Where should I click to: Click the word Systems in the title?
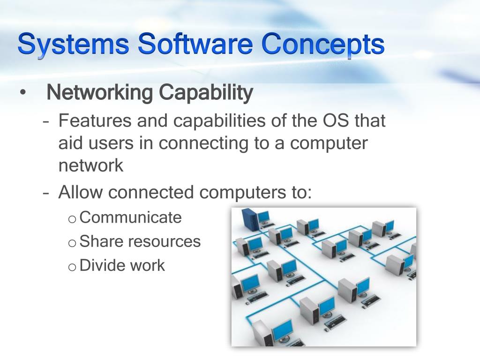[x=74, y=45]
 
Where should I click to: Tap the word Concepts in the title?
[x=323, y=45]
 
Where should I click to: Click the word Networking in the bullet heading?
[x=100, y=93]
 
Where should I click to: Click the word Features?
[x=95, y=121]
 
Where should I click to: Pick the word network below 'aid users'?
[x=91, y=165]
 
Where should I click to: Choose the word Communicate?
[x=131, y=217]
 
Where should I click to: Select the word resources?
[x=164, y=242]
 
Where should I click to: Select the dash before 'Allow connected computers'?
[x=46, y=193]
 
